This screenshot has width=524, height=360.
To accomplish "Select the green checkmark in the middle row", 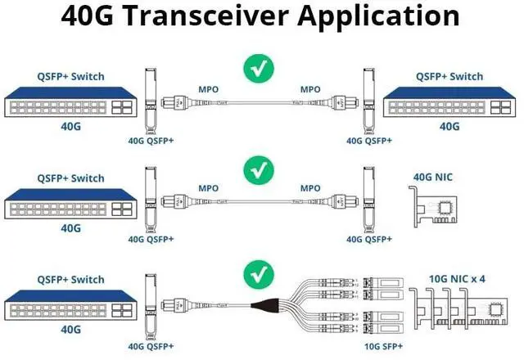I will pyautogui.click(x=262, y=171).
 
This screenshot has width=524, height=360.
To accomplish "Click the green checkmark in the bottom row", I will pyautogui.click(x=262, y=272).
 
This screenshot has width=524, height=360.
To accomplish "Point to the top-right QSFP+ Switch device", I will pyautogui.click(x=449, y=102).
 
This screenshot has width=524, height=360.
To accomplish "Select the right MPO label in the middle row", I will pyautogui.click(x=309, y=188).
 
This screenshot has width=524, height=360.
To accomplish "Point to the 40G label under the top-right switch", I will pyautogui.click(x=449, y=126).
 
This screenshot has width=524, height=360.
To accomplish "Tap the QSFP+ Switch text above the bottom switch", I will pyautogui.click(x=71, y=278).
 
